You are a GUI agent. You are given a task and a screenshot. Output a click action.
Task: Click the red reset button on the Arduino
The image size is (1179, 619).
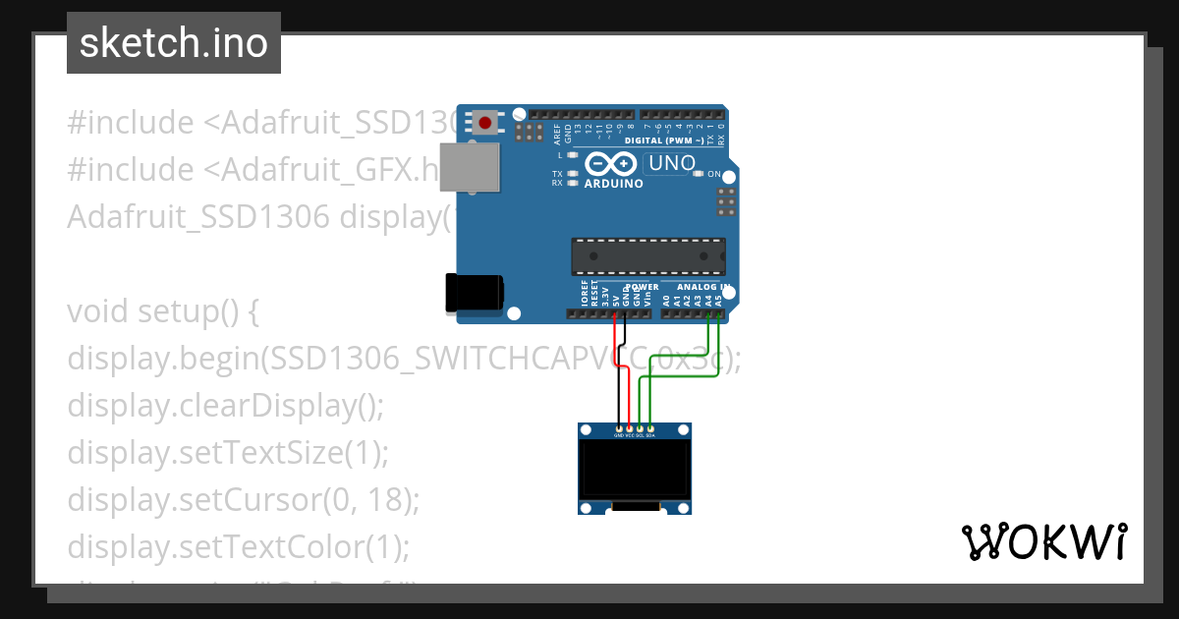485,123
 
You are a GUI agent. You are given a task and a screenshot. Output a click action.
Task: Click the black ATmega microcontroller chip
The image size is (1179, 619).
648,255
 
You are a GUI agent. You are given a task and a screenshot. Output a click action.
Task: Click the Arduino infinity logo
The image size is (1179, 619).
612,164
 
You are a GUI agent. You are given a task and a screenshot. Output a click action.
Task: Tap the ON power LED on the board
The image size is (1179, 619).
699,174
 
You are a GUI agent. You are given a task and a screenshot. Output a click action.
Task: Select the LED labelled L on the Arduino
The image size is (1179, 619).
572,155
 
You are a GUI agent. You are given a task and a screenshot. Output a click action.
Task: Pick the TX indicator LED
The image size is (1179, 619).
572,174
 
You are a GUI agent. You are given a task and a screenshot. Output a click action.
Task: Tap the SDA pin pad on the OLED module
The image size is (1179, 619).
650,428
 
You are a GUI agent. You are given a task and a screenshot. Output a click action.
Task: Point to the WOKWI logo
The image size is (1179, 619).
1043,541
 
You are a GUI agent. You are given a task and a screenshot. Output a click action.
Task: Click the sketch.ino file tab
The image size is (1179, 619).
174,43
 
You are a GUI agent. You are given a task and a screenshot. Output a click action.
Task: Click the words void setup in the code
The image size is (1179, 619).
162,311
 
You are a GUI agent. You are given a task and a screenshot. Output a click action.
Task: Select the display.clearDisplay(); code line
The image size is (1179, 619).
225,406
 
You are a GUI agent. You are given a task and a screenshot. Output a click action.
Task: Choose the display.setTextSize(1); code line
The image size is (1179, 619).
228,453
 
